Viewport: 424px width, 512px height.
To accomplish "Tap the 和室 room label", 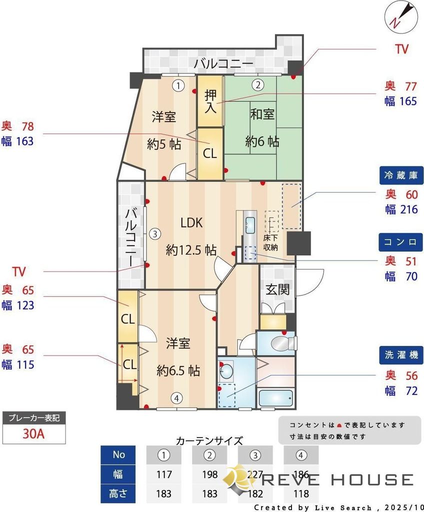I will (x=262, y=114).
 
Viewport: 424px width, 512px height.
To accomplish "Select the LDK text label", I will (x=191, y=223).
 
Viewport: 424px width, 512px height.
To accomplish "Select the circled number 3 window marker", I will (x=155, y=233).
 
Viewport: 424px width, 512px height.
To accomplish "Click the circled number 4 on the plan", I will (x=175, y=398).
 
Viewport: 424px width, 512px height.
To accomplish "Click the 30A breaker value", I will (x=33, y=433).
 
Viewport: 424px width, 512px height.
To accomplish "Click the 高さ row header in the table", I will (x=118, y=493).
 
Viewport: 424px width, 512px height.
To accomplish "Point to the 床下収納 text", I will (x=270, y=242).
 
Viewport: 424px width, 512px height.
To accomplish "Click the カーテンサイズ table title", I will (x=209, y=440).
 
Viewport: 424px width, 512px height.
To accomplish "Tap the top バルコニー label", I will (x=223, y=63).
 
